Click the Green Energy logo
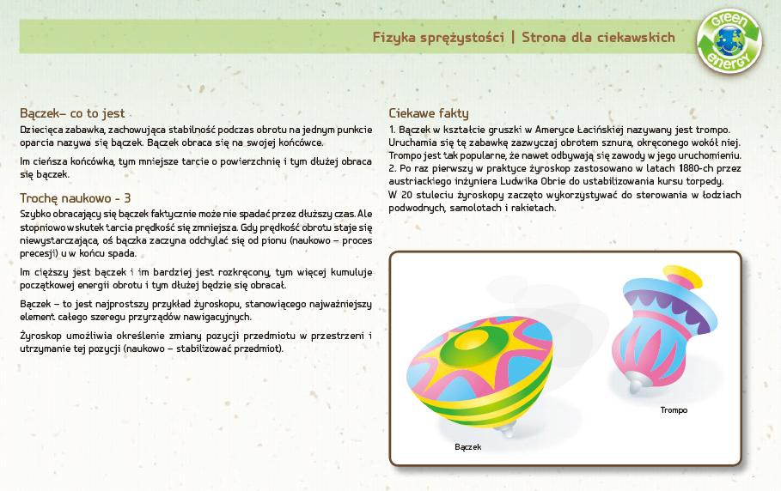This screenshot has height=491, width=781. click(x=729, y=41)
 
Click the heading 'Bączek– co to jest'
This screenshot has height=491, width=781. click(x=72, y=113)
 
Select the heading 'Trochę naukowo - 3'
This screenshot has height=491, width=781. click(x=76, y=198)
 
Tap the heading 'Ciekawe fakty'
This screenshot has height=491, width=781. click(x=429, y=113)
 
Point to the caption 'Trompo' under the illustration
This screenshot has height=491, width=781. click(x=674, y=410)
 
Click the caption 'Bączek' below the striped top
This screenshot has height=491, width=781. click(x=467, y=446)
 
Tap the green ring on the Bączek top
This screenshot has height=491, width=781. click(x=473, y=344)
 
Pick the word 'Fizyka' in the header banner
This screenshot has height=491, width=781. click(x=394, y=38)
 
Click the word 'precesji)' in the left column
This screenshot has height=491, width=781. click(x=39, y=254)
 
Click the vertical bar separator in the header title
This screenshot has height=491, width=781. click(x=513, y=37)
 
